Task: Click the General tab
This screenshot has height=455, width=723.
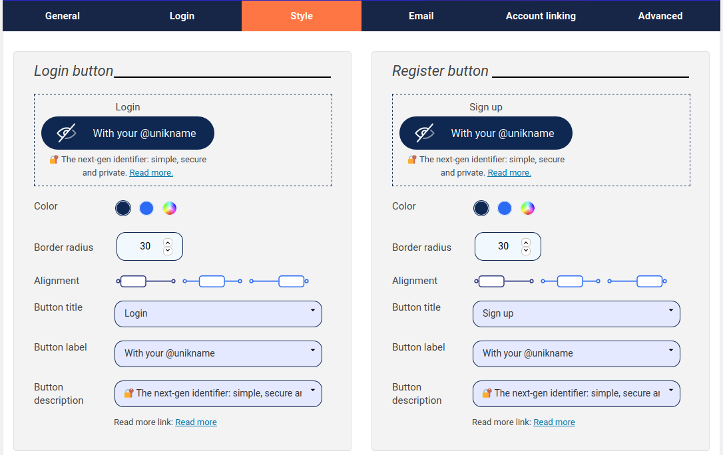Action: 63,16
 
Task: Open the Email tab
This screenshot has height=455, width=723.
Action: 421,16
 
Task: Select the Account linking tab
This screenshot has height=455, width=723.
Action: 541,16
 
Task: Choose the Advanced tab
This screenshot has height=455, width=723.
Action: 660,16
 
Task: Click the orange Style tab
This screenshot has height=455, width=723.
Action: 302,16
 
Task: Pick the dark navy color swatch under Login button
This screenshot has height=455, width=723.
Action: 123,208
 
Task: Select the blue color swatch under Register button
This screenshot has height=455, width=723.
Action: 505,208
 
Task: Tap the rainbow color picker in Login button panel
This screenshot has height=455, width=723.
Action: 170,208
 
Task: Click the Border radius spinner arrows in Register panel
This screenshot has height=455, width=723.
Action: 526,246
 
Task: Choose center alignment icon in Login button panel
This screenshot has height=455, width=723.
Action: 212,281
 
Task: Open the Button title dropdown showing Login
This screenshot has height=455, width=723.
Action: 218,313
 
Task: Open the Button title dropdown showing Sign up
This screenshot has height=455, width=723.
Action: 577,313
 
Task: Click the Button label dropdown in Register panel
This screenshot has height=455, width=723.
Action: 577,353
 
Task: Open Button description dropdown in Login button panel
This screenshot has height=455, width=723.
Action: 218,393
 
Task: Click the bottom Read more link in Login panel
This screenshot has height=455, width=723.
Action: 196,422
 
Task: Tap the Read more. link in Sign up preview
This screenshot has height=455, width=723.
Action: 509,173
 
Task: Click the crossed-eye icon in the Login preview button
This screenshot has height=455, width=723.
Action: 67,133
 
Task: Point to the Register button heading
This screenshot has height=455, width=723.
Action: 440,71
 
